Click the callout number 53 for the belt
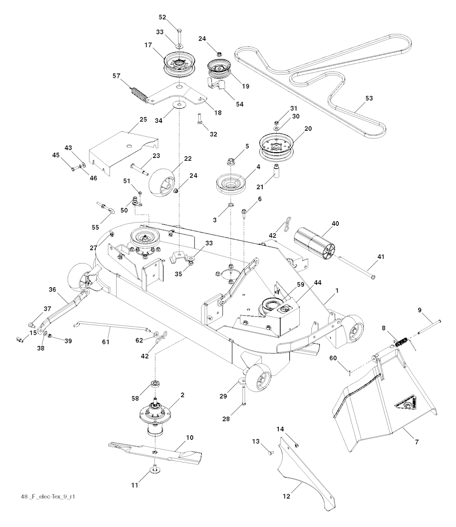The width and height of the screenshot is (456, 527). click(369, 98)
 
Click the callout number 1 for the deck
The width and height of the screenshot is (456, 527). click(337, 290)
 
